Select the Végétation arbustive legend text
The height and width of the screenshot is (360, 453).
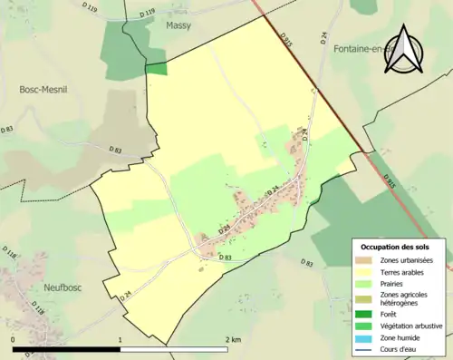coord(413,326)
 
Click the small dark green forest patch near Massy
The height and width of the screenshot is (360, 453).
coord(157,68)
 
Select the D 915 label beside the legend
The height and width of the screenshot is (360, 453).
coord(392,182)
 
